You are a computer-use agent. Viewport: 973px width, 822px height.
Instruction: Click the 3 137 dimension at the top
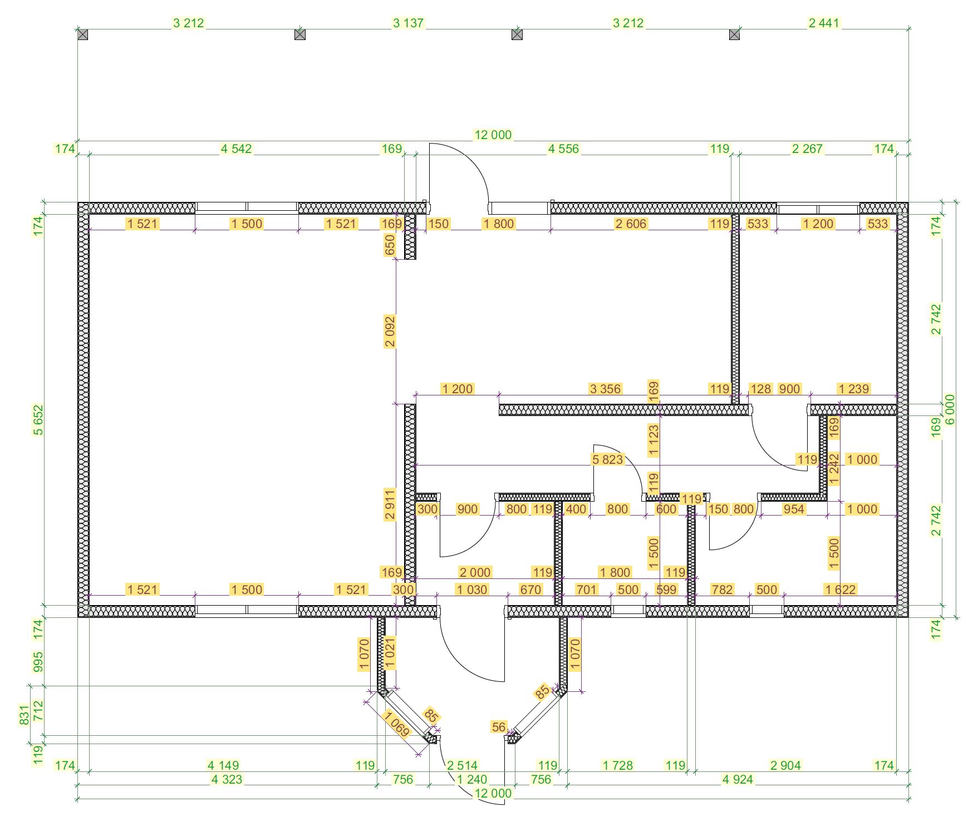(408, 23)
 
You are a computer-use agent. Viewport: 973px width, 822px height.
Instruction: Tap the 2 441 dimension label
(823, 23)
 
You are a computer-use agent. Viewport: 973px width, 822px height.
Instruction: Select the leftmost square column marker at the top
(82, 34)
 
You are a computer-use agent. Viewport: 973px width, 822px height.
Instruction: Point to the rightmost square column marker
(734, 34)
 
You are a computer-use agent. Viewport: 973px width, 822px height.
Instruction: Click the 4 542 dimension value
(236, 148)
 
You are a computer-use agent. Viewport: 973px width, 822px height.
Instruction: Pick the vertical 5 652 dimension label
(38, 420)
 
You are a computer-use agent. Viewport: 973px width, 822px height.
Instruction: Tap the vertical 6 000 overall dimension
(950, 409)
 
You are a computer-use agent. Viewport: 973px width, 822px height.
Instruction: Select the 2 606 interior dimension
(631, 224)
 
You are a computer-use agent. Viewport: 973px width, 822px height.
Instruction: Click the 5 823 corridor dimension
(607, 459)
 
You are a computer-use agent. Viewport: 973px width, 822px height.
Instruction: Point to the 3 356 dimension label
(605, 389)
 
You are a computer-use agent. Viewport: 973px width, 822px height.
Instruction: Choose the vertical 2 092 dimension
(390, 331)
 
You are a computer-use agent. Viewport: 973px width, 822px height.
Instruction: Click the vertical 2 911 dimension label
(390, 504)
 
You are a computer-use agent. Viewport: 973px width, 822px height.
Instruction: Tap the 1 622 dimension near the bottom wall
(840, 590)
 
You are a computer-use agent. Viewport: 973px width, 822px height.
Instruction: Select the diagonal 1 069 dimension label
(396, 724)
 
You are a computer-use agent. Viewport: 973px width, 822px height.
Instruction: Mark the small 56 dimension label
(499, 727)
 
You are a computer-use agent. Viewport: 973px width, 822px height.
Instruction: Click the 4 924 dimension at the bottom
(738, 779)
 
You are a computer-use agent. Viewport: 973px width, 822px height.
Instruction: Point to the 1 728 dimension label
(617, 765)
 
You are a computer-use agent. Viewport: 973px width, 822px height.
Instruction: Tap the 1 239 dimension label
(853, 389)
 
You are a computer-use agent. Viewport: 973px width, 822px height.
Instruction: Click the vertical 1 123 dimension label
(653, 440)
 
